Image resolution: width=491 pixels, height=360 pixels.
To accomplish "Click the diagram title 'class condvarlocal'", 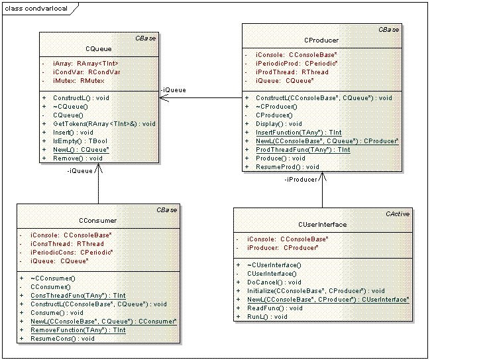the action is [36, 9].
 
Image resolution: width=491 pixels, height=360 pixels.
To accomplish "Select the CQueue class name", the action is [99, 49].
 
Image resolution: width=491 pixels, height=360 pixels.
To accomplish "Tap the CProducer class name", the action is [321, 40].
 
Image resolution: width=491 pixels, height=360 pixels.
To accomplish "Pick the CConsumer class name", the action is [97, 221].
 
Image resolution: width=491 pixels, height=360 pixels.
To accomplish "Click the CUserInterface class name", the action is [322, 225].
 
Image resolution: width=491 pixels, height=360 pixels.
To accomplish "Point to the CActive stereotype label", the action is [398, 214].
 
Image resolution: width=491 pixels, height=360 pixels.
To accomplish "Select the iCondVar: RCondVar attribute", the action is [86, 72].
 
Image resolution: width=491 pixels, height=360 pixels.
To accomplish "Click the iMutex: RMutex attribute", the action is [79, 81].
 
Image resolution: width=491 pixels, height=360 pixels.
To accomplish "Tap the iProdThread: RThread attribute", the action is [292, 72].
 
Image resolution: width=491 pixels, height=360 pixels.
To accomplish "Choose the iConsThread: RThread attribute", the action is [67, 244].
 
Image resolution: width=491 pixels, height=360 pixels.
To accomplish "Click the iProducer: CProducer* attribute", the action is [283, 248].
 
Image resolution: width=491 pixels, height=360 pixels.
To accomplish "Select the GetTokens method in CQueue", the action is [104, 124].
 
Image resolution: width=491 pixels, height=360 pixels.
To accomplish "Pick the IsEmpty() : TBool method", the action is [80, 141].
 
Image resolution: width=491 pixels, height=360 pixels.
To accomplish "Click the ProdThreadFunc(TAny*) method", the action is [303, 150].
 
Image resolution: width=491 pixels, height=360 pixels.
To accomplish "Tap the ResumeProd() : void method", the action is [288, 167].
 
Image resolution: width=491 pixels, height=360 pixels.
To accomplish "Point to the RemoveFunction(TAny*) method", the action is [78, 330].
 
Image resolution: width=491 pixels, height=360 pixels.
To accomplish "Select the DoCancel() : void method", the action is [274, 282].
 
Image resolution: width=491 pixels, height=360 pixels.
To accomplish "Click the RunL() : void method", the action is [267, 317].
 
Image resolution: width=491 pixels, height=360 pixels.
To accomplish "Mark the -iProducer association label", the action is [301, 180].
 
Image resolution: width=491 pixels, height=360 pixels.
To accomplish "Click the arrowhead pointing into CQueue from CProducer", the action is [164, 97].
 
